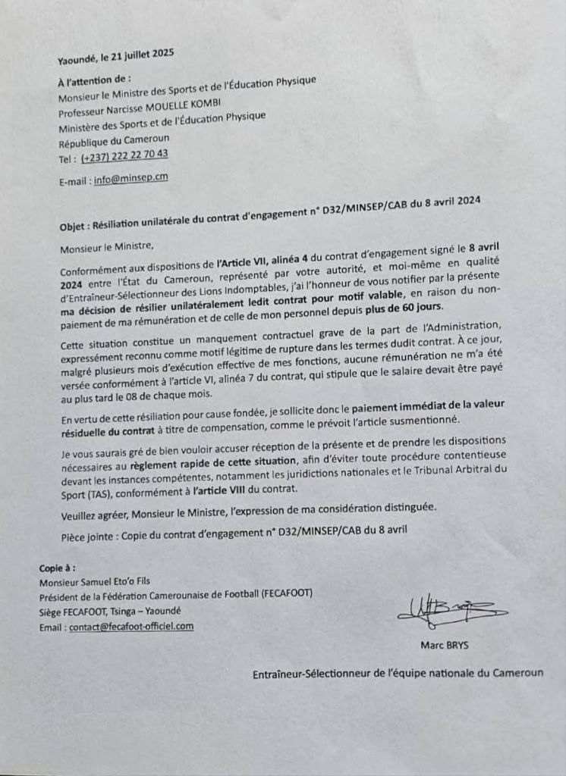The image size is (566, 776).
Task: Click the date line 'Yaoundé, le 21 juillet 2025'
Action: coord(115,54)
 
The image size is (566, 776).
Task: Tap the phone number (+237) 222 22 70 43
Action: coord(124,155)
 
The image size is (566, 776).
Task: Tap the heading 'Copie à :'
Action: coord(58,568)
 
